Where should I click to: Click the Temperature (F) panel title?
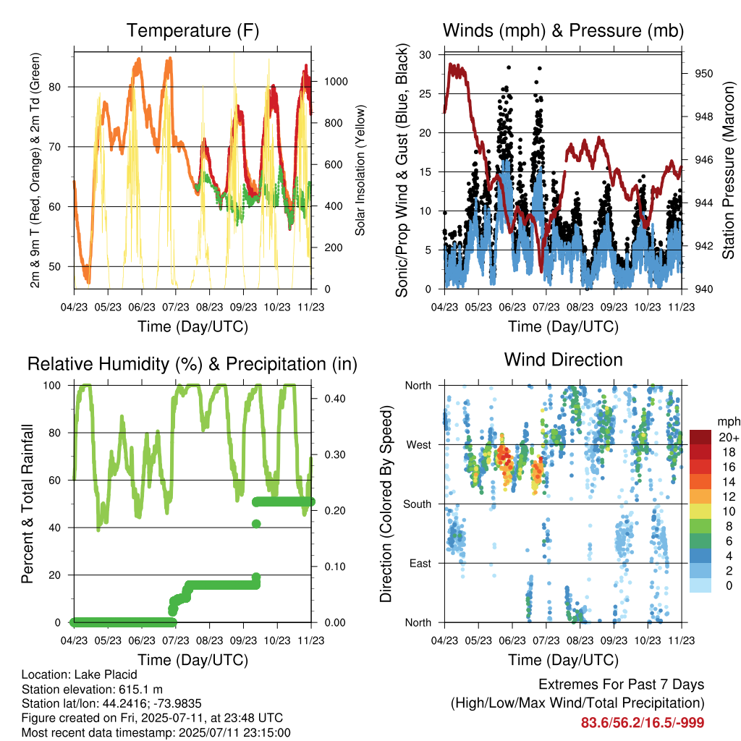(192, 30)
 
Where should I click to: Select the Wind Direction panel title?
(563, 360)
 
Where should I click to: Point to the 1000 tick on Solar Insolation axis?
(336, 81)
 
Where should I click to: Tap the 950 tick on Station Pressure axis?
(703, 74)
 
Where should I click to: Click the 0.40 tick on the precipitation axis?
(334, 399)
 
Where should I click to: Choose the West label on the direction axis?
(419, 445)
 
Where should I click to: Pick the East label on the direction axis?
(420, 563)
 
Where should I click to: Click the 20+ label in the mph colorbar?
(729, 437)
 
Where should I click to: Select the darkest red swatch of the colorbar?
(700, 437)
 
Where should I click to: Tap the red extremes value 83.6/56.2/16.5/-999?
(643, 723)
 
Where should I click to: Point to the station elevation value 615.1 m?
(140, 690)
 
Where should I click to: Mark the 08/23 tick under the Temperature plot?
(209, 307)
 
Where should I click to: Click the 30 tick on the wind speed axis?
(425, 55)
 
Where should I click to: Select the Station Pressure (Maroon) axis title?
(728, 170)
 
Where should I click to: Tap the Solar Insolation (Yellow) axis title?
(360, 170)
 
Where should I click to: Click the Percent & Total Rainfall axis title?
(27, 504)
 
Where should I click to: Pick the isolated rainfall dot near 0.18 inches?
(256, 524)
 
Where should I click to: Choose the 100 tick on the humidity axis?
(52, 386)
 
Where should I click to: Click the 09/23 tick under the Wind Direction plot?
(614, 641)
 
